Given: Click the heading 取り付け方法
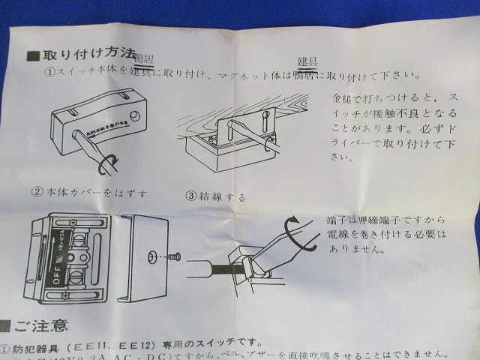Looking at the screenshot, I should [84, 55].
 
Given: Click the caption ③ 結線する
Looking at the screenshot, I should [215, 196].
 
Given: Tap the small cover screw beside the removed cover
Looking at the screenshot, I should [175, 256].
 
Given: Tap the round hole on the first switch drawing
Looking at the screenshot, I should [134, 117].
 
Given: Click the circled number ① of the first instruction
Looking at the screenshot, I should [49, 73].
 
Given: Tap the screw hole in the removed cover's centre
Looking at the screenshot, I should [152, 256].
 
